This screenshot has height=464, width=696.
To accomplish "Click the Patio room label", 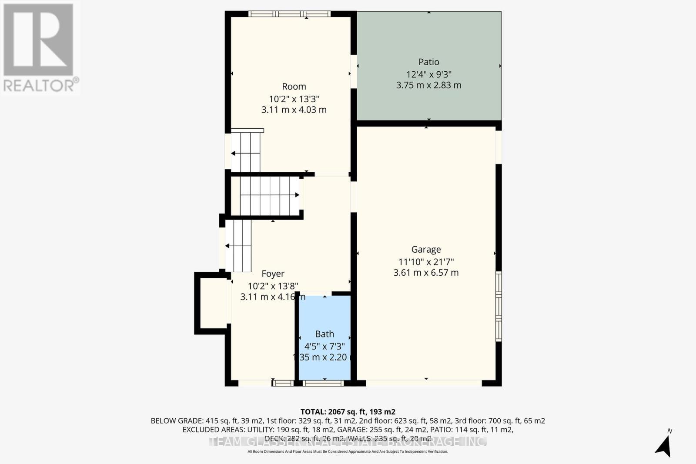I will [x=428, y=62].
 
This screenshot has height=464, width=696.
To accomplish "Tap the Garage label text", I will [x=426, y=250].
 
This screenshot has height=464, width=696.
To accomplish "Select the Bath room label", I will [x=325, y=334].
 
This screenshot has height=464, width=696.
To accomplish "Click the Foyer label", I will [x=273, y=274].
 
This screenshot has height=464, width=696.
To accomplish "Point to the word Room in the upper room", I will [x=294, y=87].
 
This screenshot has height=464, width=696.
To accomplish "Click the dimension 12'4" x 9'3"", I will [x=428, y=74].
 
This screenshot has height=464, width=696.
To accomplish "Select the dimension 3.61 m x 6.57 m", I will [x=426, y=273].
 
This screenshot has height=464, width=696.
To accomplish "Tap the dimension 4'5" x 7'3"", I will [x=325, y=346].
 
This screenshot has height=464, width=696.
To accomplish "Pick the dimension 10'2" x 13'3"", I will [x=294, y=99].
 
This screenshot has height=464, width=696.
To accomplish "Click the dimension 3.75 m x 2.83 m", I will [x=428, y=85].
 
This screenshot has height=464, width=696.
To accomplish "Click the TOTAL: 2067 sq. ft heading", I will [x=348, y=411].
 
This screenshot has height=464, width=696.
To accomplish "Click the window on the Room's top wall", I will [x=289, y=14].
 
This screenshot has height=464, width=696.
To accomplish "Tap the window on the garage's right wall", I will [x=499, y=306].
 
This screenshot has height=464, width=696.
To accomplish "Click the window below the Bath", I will [x=323, y=383].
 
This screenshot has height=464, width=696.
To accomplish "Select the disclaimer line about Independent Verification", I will [x=348, y=452].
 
